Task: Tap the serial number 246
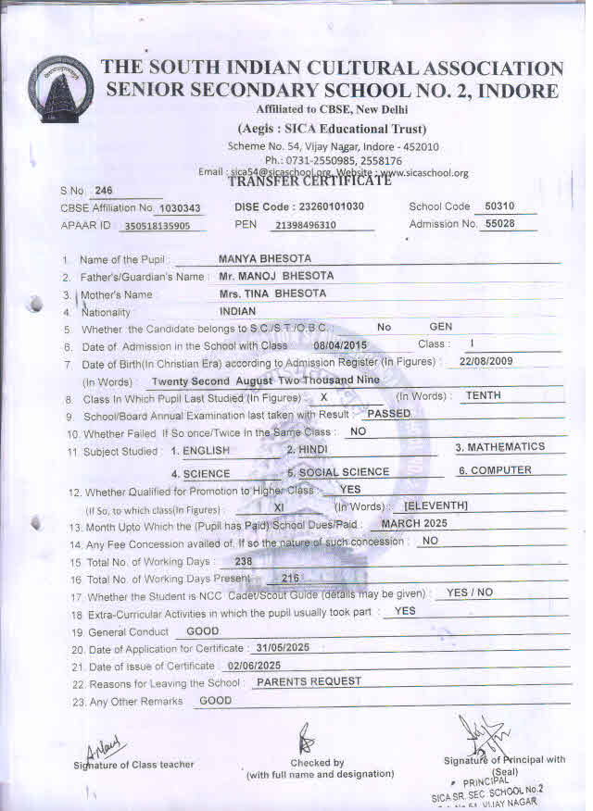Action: tap(103, 191)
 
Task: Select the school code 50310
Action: tap(499, 206)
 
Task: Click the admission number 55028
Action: tap(499, 224)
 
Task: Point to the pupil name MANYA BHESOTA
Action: tap(264, 258)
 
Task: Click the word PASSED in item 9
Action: tap(388, 414)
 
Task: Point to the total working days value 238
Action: tap(245, 561)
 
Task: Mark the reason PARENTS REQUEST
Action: tap(309, 681)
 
